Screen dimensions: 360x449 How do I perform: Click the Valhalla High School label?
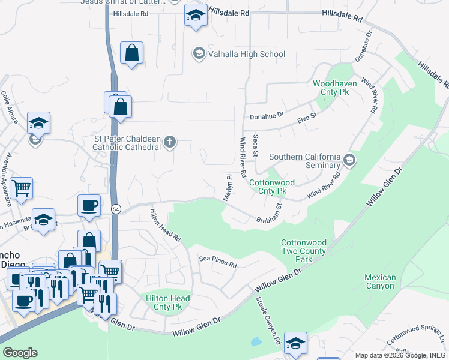(x=246, y=54)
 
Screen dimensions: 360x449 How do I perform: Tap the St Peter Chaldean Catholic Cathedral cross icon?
(x=170, y=142)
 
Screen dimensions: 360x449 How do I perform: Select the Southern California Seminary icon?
(x=350, y=160)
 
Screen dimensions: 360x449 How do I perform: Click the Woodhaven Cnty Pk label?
(x=334, y=89)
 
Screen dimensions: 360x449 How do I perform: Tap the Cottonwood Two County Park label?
(x=304, y=251)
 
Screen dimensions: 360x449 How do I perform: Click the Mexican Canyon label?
(x=380, y=281)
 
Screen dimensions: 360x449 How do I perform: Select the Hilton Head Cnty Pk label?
(x=167, y=302)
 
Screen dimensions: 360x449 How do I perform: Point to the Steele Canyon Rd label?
(x=269, y=320)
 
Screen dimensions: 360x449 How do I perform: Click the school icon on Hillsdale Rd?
(x=196, y=16)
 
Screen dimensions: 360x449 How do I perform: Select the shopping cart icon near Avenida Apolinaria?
(x=21, y=188)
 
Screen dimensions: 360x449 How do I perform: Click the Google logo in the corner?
(x=20, y=353)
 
